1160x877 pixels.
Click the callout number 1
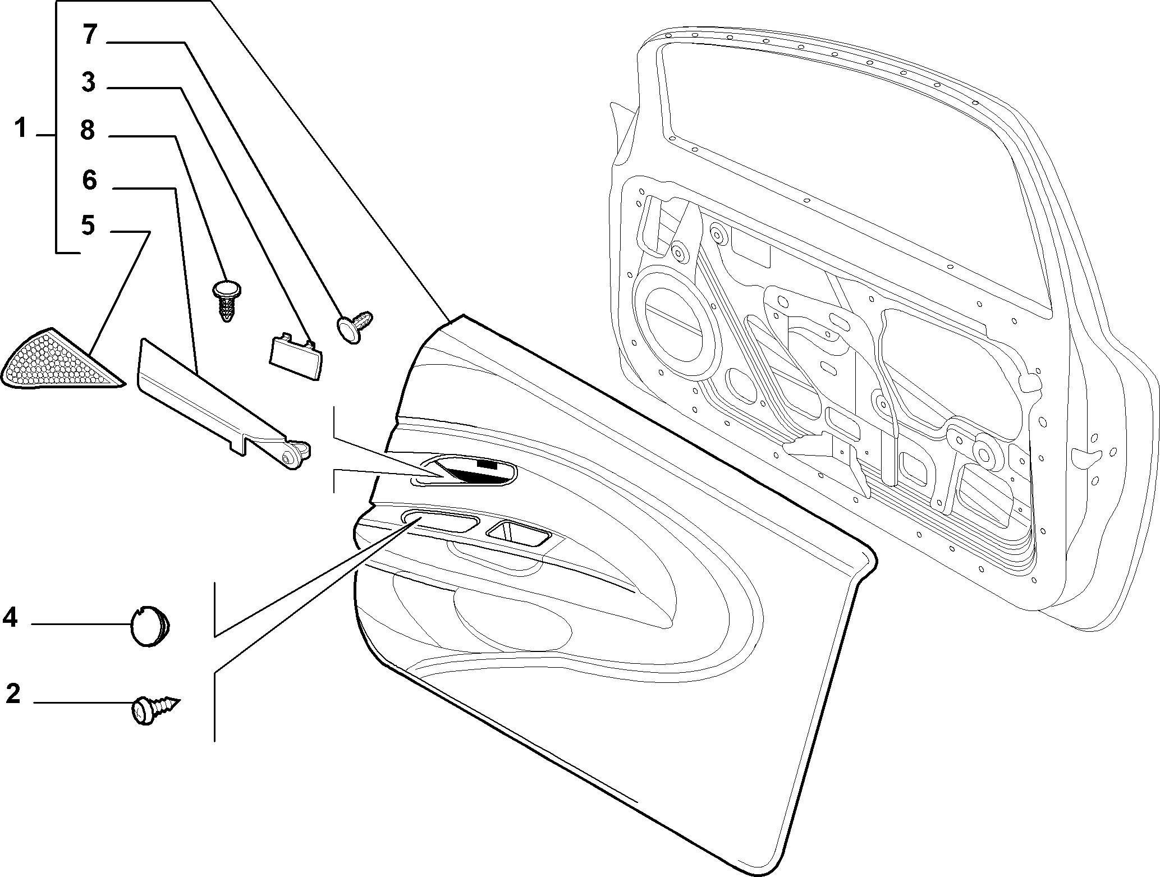pos(21,128)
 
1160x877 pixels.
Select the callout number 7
pos(90,35)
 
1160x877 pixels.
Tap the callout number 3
pos(88,82)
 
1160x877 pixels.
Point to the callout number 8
pos(88,130)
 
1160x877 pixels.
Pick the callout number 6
pos(89,180)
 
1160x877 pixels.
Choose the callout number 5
pos(88,226)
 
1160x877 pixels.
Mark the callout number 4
pos(10,618)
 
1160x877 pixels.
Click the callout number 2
pos(13,694)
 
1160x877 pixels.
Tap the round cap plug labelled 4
pos(150,627)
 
